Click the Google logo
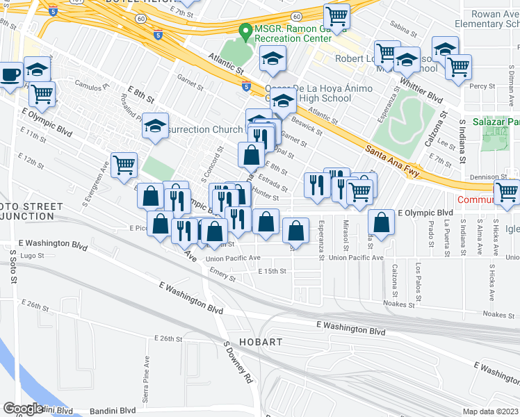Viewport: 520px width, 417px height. pyautogui.click(x=23, y=409)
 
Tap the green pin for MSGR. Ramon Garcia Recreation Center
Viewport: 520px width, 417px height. pyautogui.click(x=245, y=31)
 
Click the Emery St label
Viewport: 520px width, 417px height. pyautogui.click(x=224, y=276)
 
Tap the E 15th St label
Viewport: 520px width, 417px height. pyautogui.click(x=272, y=271)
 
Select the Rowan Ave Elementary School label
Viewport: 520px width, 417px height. pyautogui.click(x=494, y=19)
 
